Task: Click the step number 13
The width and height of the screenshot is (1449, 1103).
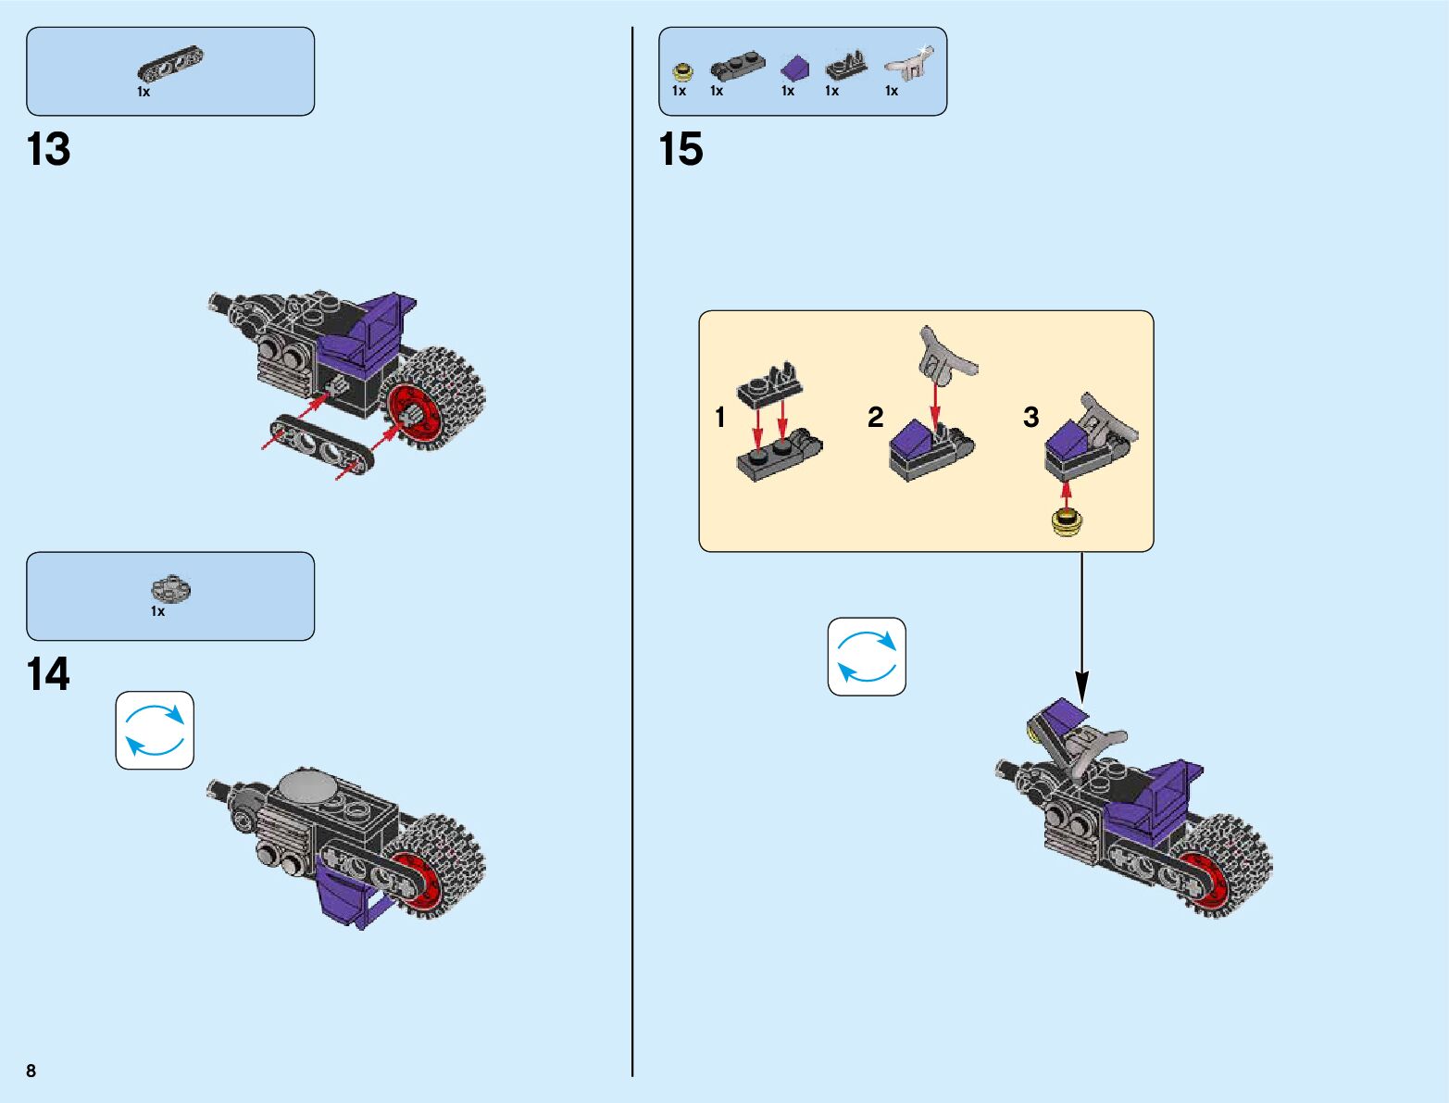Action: coord(49,150)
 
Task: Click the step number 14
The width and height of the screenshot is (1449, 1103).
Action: coord(48,675)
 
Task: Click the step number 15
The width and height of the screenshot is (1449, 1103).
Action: coord(681,150)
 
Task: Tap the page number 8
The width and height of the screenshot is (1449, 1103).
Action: coord(31,1071)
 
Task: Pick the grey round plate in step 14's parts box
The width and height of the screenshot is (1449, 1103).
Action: coord(170,589)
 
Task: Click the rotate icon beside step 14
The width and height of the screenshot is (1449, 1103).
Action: coord(155,730)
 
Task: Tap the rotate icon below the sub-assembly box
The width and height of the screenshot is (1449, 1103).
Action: coord(867,657)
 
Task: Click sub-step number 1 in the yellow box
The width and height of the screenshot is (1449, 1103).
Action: coord(720,418)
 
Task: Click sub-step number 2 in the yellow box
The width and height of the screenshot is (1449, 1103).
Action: coord(876,418)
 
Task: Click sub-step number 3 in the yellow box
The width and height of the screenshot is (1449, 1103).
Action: coord(1031,418)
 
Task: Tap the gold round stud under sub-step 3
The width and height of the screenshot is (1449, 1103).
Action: coord(1067,523)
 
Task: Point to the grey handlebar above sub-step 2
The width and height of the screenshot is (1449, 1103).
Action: coord(943,357)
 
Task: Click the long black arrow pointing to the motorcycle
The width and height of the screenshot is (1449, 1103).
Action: coord(1081,630)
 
